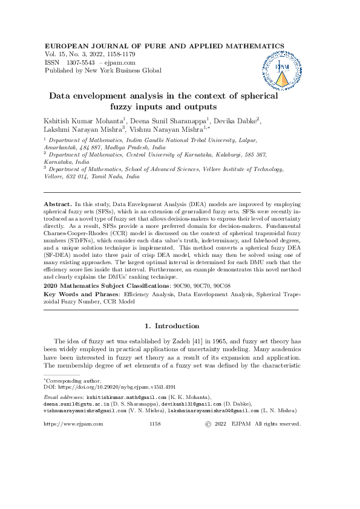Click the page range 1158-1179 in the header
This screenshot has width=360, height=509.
pyautogui.click(x=122, y=54)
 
